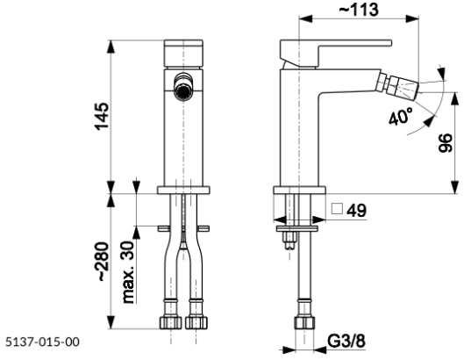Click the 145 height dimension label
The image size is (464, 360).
click(x=102, y=114)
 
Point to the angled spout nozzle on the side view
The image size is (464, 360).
click(x=406, y=89)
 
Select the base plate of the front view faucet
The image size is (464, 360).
click(x=183, y=190)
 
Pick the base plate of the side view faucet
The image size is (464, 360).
click(x=300, y=190)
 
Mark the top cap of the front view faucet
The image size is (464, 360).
click(x=183, y=47)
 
